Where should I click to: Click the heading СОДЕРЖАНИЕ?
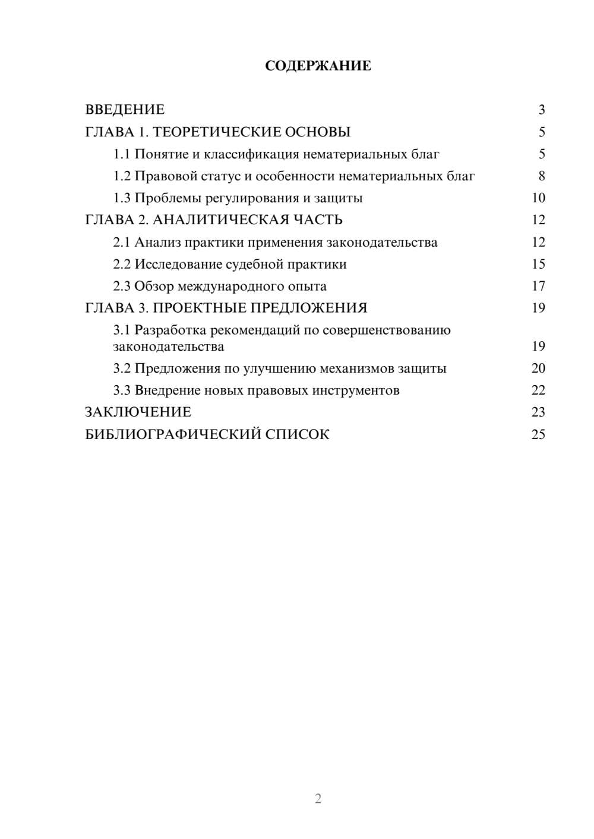(318, 66)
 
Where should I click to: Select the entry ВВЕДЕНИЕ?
(125, 110)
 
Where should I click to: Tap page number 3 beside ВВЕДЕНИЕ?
(541, 110)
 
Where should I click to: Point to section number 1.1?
(122, 154)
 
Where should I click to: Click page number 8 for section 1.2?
(541, 176)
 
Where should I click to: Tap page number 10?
(538, 198)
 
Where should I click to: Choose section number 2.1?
(122, 242)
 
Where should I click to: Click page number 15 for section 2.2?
(538, 264)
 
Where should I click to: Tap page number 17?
(538, 286)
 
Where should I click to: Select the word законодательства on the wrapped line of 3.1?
(169, 347)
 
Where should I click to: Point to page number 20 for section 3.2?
(538, 368)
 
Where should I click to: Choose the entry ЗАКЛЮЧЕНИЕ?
(138, 412)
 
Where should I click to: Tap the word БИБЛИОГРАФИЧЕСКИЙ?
(173, 434)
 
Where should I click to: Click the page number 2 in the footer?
(318, 799)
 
